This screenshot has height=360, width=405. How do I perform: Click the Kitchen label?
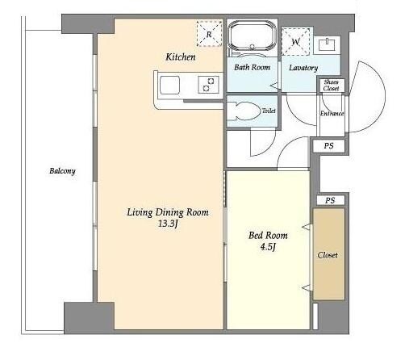[181, 57]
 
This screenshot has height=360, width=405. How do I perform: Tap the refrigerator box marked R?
[210, 34]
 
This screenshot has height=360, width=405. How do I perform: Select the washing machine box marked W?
[295, 41]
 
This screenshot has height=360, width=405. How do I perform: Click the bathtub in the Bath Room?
[252, 36]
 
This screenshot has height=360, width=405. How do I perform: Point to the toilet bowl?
[246, 111]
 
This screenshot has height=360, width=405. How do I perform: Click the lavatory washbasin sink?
[327, 44]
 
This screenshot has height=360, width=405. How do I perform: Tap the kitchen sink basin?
[169, 85]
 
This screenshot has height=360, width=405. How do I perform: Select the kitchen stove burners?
[208, 85]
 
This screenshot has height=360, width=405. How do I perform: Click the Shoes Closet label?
[331, 85]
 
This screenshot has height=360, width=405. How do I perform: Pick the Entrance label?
[332, 114]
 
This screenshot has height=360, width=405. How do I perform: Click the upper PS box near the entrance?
[328, 146]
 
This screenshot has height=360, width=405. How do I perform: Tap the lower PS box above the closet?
[330, 200]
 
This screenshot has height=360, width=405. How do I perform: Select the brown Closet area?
[328, 254]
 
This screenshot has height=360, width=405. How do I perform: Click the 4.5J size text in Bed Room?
[268, 247]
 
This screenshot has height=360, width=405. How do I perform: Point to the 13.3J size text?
[168, 224]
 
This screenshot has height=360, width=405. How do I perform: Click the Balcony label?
[62, 171]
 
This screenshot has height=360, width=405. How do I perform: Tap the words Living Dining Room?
[168, 212]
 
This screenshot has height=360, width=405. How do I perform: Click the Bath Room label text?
[252, 67]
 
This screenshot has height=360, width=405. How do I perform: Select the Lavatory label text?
[303, 68]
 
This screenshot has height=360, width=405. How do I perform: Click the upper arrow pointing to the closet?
[307, 228]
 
